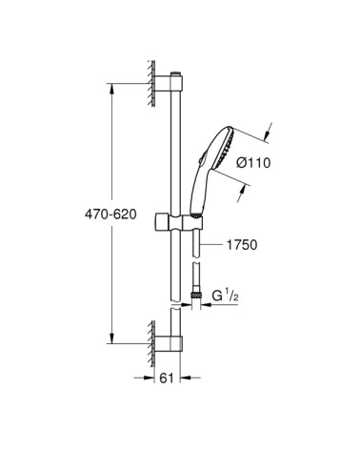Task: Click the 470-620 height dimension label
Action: pyautogui.click(x=110, y=215)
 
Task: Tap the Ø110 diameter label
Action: pyautogui.click(x=253, y=163)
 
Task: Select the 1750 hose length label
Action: pyautogui.click(x=242, y=245)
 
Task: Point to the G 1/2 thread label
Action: pyautogui.click(x=225, y=296)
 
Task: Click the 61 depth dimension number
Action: pyautogui.click(x=167, y=378)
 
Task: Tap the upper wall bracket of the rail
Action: pyautogui.click(x=169, y=84)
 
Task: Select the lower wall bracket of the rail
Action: pyautogui.click(x=169, y=343)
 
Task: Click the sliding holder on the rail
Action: pyautogui.click(x=178, y=221)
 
